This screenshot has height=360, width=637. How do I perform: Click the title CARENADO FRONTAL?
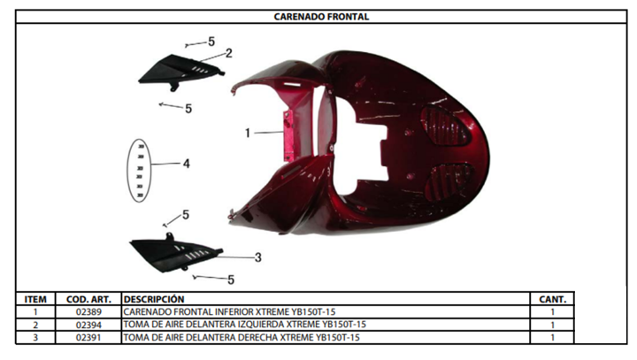[321, 17]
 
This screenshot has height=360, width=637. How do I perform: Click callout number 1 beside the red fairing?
[248, 133]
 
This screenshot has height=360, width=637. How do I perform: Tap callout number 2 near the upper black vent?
[229, 53]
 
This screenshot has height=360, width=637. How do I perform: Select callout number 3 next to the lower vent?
[258, 257]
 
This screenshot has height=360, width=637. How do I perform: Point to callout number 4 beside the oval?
[186, 164]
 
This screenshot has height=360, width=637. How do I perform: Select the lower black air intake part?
[175, 253]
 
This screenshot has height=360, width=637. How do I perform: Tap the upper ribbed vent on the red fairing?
[446, 126]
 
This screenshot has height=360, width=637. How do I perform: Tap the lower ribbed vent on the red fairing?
[449, 183]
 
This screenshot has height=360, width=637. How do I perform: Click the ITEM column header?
[35, 300]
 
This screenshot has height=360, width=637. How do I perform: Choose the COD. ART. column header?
[88, 300]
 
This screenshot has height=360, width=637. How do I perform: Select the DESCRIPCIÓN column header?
[154, 300]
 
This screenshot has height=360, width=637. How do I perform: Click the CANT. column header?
[552, 300]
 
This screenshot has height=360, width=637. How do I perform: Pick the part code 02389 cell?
[88, 312]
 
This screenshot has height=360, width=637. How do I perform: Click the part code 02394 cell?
[88, 325]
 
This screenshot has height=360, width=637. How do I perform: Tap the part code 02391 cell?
[88, 338]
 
